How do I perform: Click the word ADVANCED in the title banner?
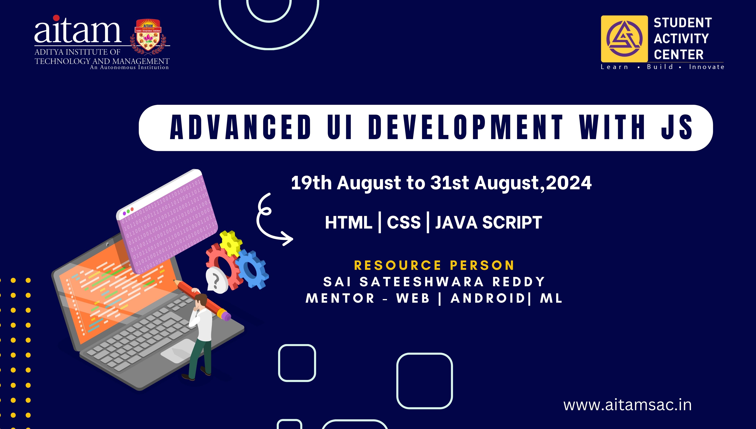click(x=241, y=127)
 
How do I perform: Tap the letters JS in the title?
click(x=677, y=127)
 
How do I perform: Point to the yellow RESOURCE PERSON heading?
click(x=434, y=265)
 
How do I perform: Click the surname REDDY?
click(x=519, y=282)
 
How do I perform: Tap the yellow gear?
click(x=231, y=243)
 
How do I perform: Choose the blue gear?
click(x=252, y=269)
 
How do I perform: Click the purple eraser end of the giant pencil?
click(x=226, y=316)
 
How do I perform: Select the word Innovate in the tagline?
click(x=706, y=67)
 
